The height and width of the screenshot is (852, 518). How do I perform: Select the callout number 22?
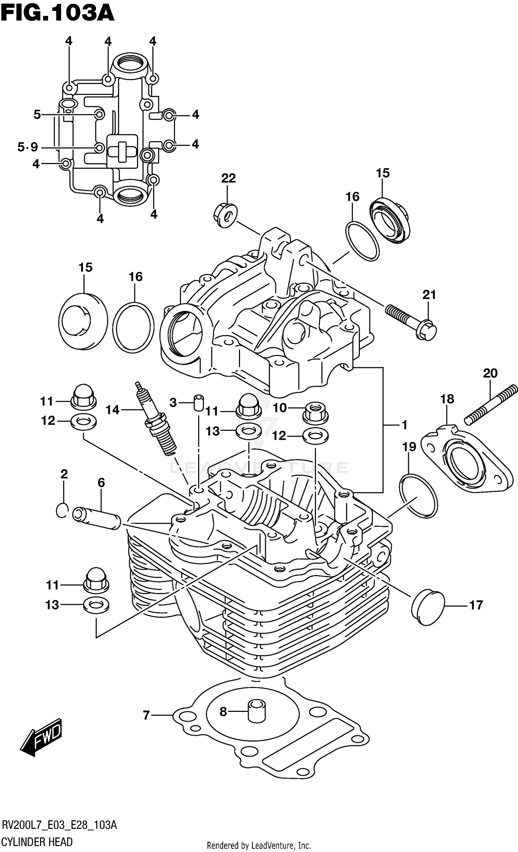228,178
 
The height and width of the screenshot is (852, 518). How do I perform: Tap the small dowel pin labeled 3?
199,403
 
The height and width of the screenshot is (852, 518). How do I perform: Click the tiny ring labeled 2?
62,510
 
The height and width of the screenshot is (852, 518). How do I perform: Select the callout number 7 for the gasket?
146,715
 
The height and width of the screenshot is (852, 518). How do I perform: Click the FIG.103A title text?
57,14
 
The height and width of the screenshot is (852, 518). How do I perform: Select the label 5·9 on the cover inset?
28,148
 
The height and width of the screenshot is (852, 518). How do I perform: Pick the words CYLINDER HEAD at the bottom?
37,841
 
